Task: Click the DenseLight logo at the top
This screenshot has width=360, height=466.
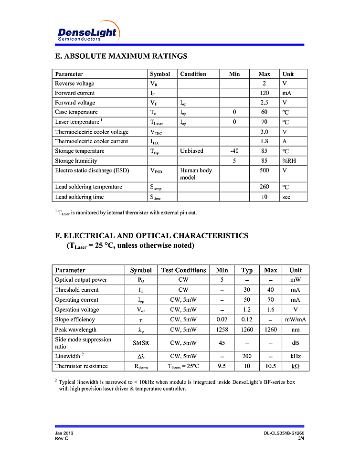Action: tap(87, 32)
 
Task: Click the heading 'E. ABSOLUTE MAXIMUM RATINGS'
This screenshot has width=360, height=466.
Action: tap(121, 56)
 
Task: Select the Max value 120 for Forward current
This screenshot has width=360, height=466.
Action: tap(264, 93)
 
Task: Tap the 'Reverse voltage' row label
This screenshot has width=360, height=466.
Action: tap(74, 84)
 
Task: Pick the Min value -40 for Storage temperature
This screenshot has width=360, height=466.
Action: tap(234, 151)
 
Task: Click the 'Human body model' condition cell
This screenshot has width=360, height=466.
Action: tap(196, 174)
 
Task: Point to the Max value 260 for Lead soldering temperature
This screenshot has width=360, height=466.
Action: tap(264, 187)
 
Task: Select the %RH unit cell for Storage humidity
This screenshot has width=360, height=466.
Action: tap(289, 161)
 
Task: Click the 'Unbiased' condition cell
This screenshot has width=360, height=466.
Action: tap(191, 151)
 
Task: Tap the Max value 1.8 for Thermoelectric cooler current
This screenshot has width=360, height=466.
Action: tap(264, 141)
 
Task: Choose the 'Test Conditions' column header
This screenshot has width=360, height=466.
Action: tap(183, 270)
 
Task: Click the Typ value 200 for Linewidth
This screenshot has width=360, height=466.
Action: tap(247, 356)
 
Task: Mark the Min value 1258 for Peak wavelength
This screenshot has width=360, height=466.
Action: tap(222, 329)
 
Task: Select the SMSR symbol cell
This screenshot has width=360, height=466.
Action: tap(141, 343)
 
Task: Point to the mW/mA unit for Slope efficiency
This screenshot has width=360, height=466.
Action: tap(296, 319)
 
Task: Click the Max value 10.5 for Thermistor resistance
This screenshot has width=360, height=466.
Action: tap(271, 366)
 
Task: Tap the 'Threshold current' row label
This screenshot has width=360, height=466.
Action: tap(77, 290)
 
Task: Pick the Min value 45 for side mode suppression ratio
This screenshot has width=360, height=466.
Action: tap(222, 343)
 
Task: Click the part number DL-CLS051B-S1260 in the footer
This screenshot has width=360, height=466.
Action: tap(284, 433)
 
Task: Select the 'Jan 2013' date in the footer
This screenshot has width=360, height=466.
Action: tap(64, 433)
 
